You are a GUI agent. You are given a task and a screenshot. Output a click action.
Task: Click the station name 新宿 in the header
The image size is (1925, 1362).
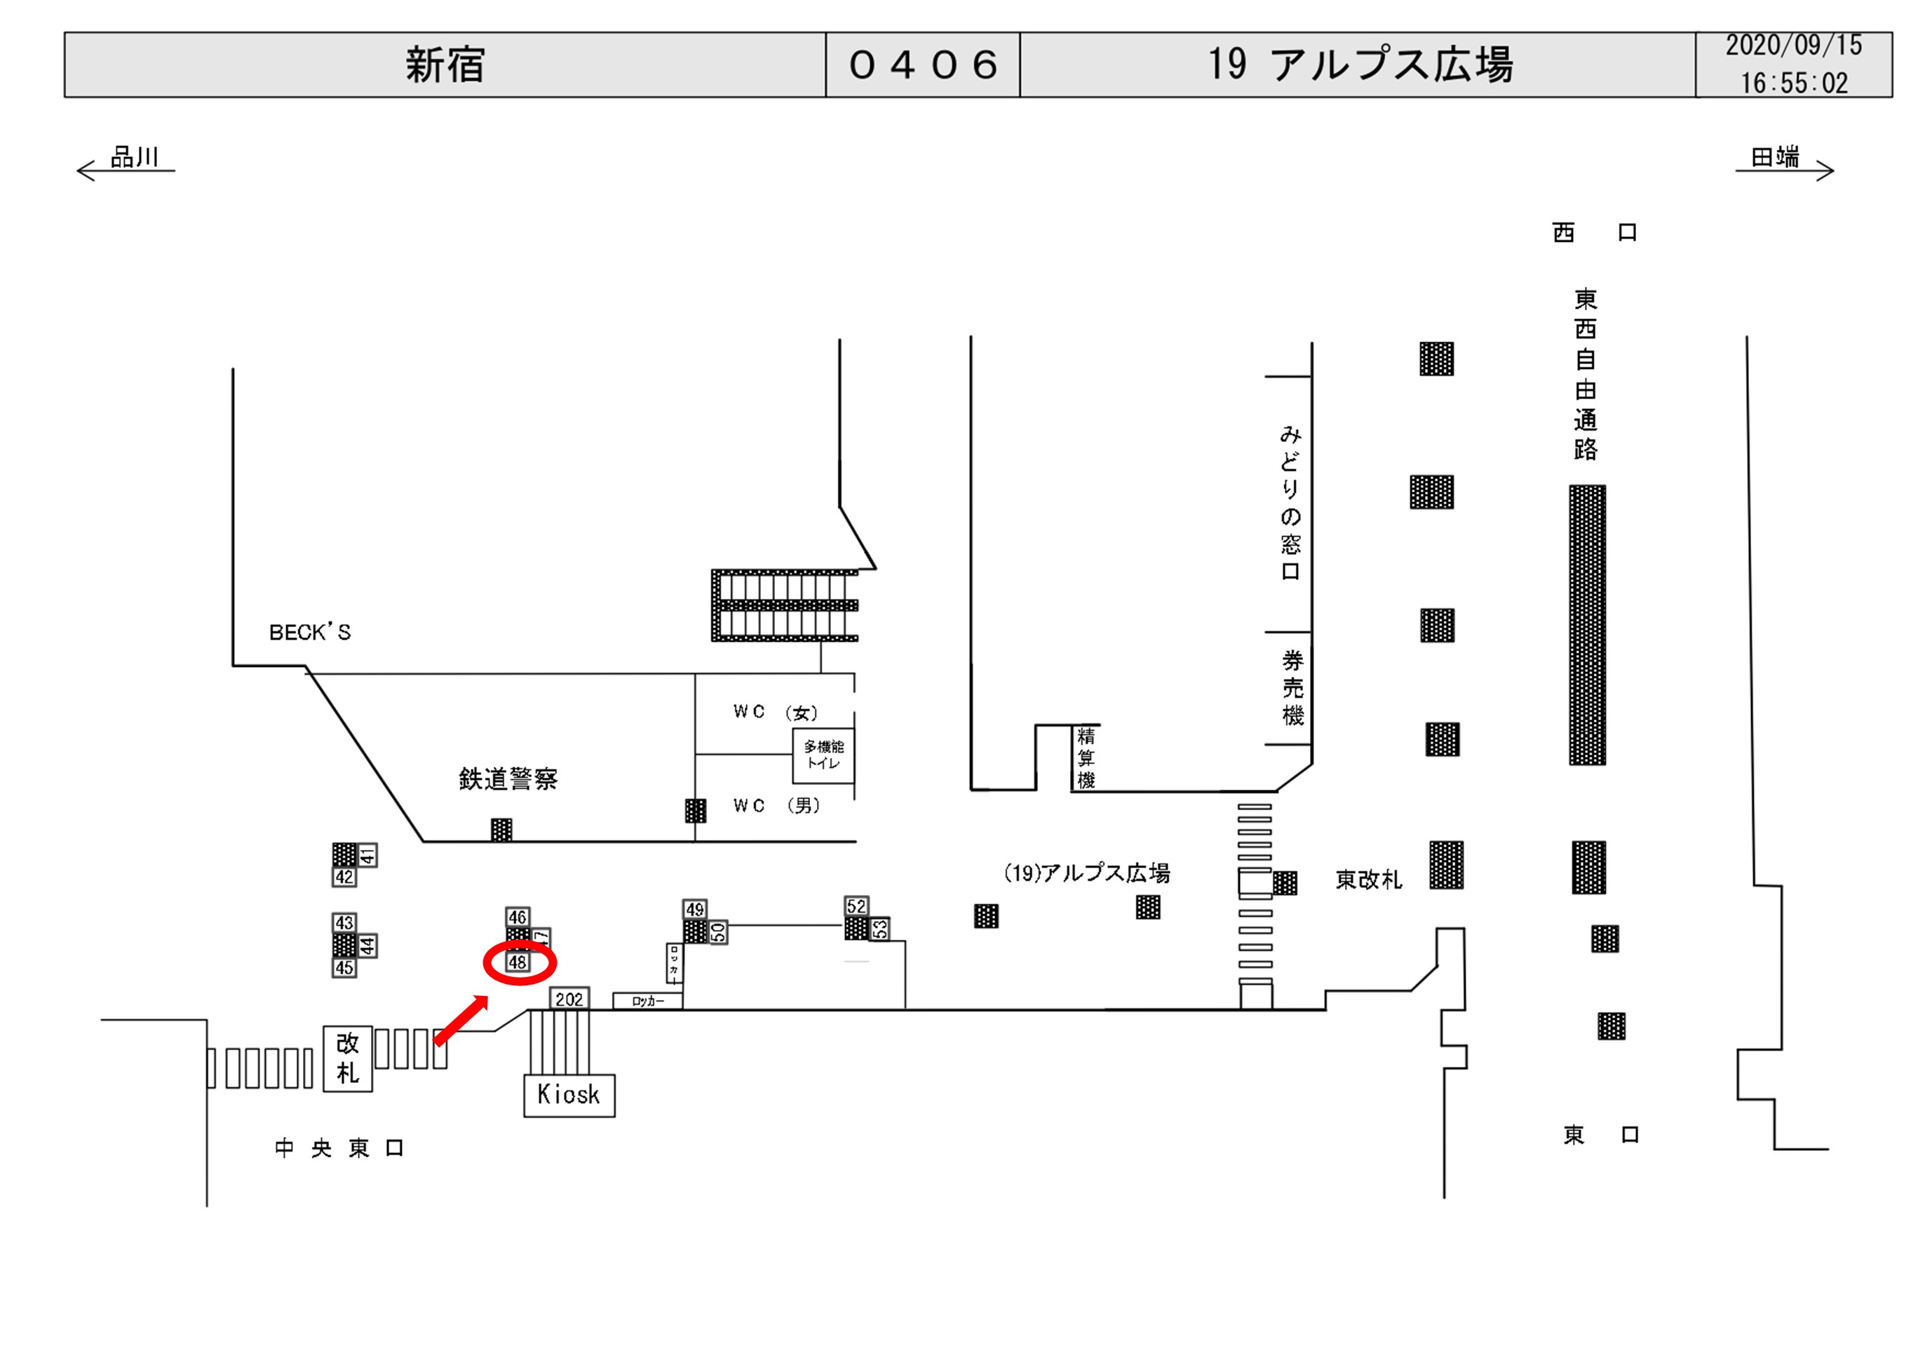tap(445, 65)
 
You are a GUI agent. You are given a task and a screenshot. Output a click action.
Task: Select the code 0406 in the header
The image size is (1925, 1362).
tap(922, 65)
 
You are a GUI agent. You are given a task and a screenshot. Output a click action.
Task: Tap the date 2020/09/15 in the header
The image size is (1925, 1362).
tap(1793, 46)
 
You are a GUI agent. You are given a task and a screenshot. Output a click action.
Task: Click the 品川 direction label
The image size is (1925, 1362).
tap(134, 157)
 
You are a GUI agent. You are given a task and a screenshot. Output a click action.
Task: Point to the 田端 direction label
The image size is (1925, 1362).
tap(1774, 157)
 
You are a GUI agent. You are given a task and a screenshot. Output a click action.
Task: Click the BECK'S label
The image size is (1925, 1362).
tap(309, 633)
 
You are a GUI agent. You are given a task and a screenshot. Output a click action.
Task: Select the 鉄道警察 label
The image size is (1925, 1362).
tap(508, 779)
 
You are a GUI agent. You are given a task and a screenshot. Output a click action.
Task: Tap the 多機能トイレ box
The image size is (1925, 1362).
tap(823, 755)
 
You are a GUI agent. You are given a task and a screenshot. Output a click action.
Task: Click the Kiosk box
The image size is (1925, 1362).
tap(569, 1095)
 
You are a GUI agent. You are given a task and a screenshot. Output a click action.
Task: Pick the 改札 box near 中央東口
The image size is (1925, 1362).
tap(347, 1058)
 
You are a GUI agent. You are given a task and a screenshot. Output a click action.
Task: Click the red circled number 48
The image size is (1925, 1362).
tap(518, 962)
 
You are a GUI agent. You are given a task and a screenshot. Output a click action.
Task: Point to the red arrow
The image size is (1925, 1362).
tap(461, 1020)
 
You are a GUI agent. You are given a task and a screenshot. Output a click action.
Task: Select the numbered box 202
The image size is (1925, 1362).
tap(569, 999)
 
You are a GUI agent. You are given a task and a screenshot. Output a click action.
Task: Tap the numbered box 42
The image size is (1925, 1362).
tap(344, 877)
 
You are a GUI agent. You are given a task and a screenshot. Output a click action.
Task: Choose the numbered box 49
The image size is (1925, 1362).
tap(695, 910)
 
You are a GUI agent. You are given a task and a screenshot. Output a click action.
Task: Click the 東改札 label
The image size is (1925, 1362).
tap(1368, 879)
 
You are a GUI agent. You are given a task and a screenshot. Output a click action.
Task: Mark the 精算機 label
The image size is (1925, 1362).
tap(1086, 758)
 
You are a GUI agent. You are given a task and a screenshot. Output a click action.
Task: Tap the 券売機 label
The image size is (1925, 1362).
tap(1292, 688)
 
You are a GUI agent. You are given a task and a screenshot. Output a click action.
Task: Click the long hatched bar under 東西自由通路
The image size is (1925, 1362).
tap(1587, 625)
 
